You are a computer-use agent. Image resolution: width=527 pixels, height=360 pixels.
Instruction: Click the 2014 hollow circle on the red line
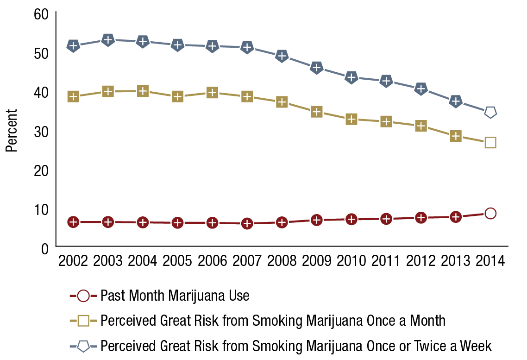(490, 213)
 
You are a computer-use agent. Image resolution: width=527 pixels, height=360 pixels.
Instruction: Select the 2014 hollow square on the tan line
(490, 142)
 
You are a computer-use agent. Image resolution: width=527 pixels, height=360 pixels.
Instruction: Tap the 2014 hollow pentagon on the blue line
(490, 112)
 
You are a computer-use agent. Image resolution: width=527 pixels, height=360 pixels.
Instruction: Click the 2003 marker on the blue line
(108, 40)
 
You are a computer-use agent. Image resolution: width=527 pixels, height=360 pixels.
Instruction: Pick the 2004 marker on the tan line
(143, 91)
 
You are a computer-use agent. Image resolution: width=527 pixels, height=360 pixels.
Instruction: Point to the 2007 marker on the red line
(247, 223)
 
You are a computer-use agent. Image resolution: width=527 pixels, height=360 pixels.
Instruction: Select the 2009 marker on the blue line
(316, 68)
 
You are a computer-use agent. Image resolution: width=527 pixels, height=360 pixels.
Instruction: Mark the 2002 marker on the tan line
(73, 96)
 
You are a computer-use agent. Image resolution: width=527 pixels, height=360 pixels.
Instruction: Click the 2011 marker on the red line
(386, 219)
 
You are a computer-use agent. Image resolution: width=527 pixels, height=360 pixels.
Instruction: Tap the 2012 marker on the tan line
(421, 126)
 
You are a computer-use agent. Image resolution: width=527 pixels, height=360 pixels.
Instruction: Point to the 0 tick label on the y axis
(45, 249)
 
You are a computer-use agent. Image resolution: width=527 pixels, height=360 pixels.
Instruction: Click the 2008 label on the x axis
(282, 261)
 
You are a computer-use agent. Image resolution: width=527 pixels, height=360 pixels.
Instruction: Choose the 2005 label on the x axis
(177, 261)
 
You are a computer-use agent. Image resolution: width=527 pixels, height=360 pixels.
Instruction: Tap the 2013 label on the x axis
(456, 261)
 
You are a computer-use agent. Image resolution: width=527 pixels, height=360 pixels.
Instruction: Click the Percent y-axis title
(12, 131)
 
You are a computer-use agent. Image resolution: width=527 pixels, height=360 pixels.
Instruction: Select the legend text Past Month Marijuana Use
(175, 296)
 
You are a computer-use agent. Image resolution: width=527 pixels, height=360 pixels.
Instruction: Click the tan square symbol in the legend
(84, 321)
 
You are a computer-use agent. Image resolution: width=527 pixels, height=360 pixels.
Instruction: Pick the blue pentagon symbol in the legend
(84, 346)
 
